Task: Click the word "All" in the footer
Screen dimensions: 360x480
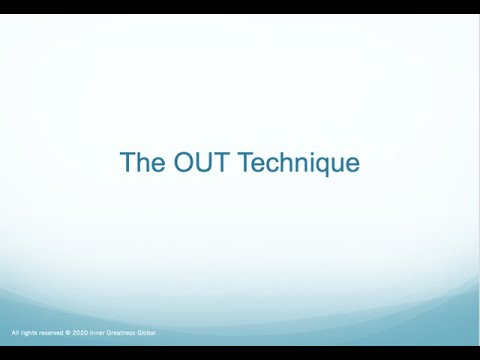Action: pyautogui.click(x=15, y=332)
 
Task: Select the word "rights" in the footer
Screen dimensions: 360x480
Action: pyautogui.click(x=30, y=332)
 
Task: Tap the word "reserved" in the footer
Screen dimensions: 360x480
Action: pyautogui.click(x=55, y=332)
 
